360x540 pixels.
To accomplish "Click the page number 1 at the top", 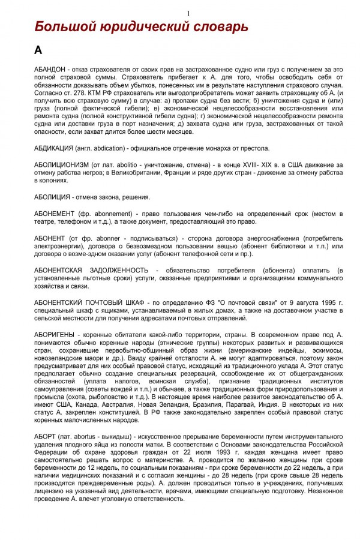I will point(188,14).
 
